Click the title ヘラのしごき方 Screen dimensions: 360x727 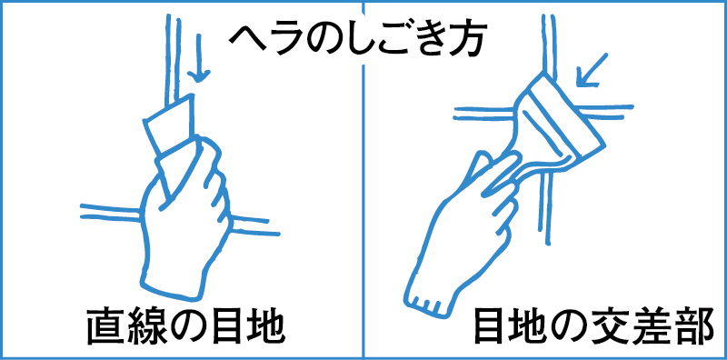pyautogui.click(x=363, y=39)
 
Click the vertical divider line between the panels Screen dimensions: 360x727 pyautogui.click(x=363, y=182)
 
